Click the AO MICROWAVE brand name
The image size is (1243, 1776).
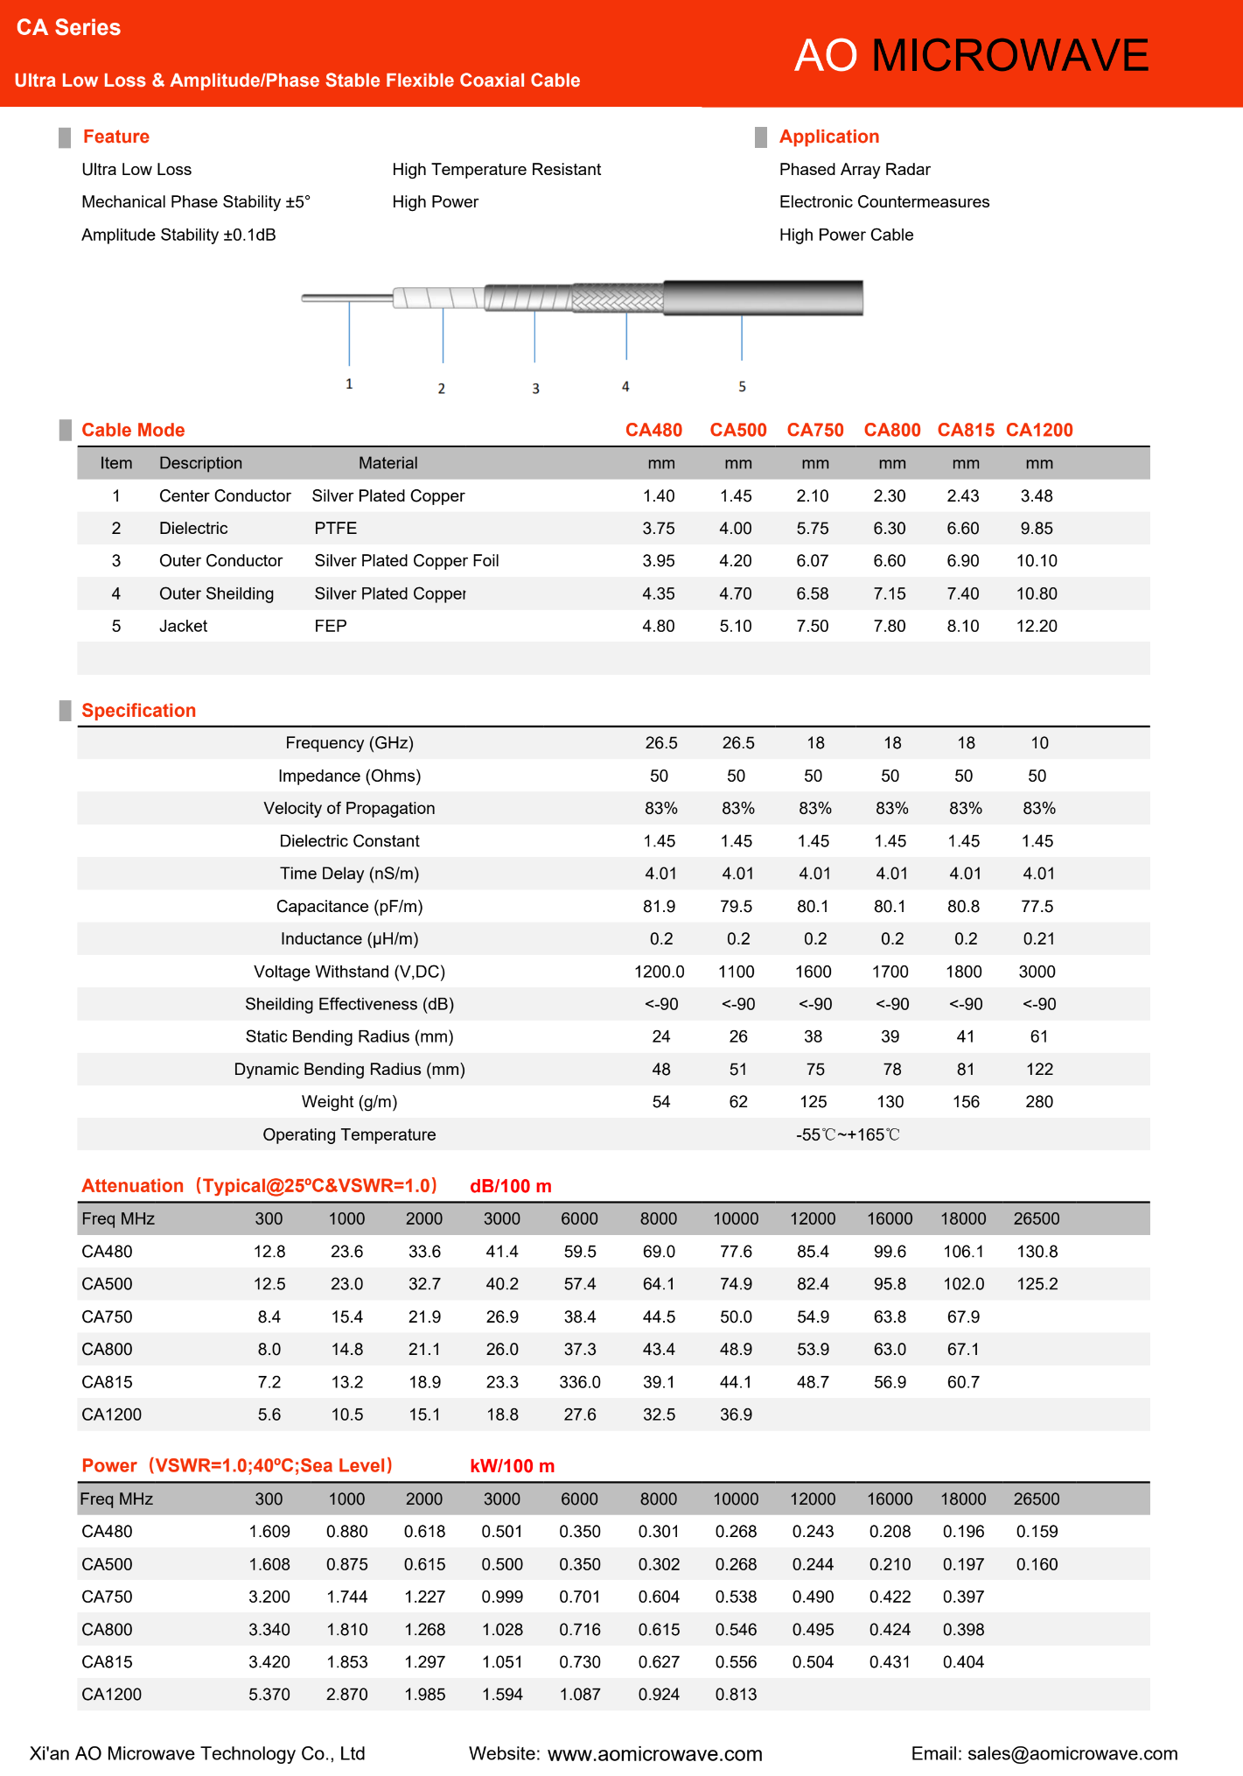tap(971, 55)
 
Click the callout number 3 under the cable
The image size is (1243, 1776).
tap(535, 389)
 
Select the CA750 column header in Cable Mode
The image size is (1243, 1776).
tap(814, 430)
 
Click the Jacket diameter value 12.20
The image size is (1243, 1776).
tap(1037, 626)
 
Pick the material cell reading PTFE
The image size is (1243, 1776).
tap(336, 528)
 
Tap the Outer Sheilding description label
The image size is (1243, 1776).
tap(216, 593)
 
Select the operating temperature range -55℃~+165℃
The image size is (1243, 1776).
tap(847, 1134)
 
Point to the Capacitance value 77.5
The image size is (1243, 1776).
tap(1037, 906)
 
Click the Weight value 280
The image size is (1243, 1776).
tap(1038, 1101)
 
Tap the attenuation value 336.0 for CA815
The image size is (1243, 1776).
tap(580, 1382)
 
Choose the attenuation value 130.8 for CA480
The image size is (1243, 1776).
tap(1037, 1252)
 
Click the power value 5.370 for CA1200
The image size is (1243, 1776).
tap(269, 1695)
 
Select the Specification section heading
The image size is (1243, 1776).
tap(138, 711)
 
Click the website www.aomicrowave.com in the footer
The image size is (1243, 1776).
tap(654, 1754)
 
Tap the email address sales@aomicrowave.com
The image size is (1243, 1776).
tap(1072, 1753)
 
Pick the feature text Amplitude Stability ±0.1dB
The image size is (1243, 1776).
tap(178, 235)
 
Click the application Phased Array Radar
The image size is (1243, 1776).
tap(855, 169)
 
